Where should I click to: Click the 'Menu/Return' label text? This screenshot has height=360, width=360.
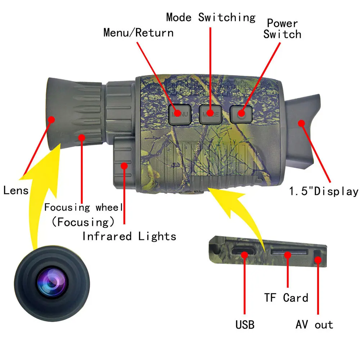(x=138, y=33)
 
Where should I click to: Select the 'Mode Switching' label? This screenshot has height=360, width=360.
(x=211, y=17)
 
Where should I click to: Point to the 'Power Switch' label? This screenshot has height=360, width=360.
(x=282, y=29)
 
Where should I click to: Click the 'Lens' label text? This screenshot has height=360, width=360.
(x=16, y=190)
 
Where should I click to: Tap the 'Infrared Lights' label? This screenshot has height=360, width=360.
(x=129, y=237)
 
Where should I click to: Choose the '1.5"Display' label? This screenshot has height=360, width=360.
(x=324, y=191)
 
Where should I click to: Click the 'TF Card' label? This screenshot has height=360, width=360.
(x=286, y=298)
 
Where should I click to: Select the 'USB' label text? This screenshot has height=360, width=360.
(x=245, y=325)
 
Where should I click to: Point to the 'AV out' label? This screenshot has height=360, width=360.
(x=314, y=325)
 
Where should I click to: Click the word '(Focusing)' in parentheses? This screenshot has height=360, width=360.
(x=83, y=222)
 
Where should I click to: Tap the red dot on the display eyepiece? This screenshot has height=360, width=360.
(x=301, y=123)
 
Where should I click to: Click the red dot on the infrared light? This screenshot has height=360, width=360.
(x=125, y=166)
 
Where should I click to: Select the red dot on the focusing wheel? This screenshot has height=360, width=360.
(x=82, y=137)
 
